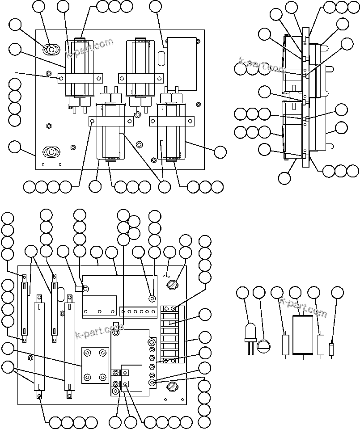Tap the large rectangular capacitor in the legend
click(302, 334)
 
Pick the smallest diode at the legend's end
click(331, 349)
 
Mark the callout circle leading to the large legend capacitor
click(296, 293)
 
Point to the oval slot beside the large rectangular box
click(162, 58)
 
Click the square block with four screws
click(95, 365)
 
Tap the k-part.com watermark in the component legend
click(303, 308)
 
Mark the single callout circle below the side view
click(284, 178)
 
